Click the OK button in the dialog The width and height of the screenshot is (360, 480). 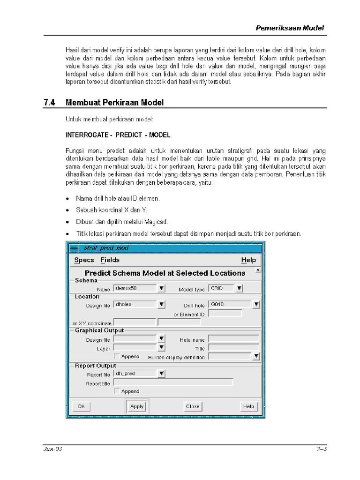pyautogui.click(x=81, y=406)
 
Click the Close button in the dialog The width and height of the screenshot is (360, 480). pyautogui.click(x=192, y=406)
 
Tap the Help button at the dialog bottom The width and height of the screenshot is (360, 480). pyautogui.click(x=248, y=406)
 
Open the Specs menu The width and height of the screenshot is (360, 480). pyautogui.click(x=84, y=260)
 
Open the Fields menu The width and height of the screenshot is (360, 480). pyautogui.click(x=110, y=260)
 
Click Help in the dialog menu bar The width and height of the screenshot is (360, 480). pyautogui.click(x=248, y=260)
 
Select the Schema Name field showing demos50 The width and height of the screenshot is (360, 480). pyautogui.click(x=135, y=288)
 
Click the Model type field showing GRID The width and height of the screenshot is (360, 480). pyautogui.click(x=222, y=288)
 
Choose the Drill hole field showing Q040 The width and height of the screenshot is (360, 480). pyautogui.click(x=230, y=304)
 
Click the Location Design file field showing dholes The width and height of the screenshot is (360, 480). pyautogui.click(x=135, y=304)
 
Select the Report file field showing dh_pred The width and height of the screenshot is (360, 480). pyautogui.click(x=135, y=374)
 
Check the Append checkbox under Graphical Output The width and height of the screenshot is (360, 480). pyautogui.click(x=117, y=356)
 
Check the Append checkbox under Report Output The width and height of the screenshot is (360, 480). pyautogui.click(x=117, y=391)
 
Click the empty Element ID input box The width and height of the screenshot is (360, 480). pyautogui.click(x=225, y=314)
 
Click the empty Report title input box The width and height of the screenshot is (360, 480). pyautogui.click(x=173, y=382)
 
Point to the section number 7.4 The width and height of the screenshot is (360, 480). pyautogui.click(x=49, y=102)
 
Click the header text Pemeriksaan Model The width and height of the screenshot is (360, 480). pyautogui.click(x=290, y=28)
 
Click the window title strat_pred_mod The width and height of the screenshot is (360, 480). pyautogui.click(x=106, y=247)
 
